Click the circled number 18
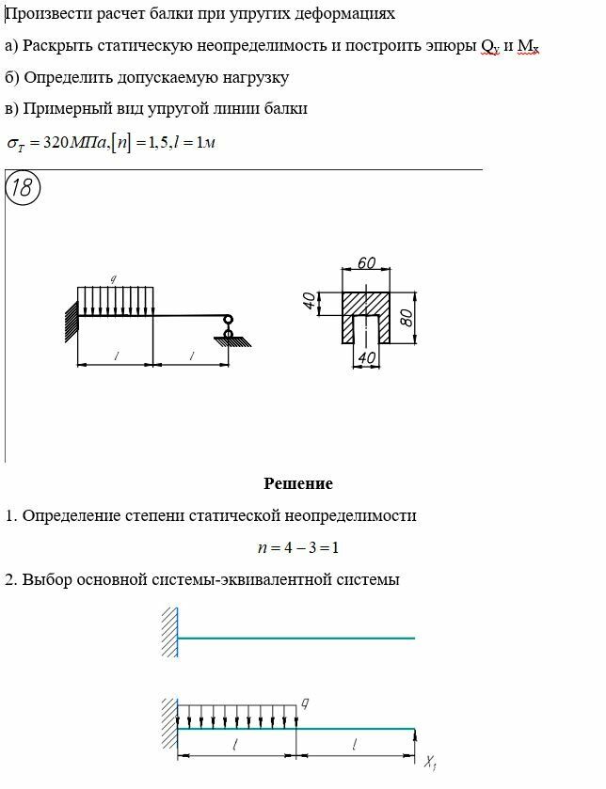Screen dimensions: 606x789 coord(22,188)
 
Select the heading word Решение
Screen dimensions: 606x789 coord(298,484)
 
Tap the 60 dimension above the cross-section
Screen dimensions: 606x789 coord(367,263)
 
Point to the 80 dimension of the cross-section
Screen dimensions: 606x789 coord(407,316)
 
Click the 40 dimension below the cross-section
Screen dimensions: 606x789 coord(367,357)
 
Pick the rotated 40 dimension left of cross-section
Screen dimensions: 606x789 coord(309,303)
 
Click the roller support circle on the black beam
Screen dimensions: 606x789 coord(228,323)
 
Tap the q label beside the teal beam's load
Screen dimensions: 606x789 coord(305,702)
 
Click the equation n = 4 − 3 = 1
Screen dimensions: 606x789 coord(298,547)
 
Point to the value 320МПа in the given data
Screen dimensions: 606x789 coord(70,143)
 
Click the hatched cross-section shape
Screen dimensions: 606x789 coord(366,306)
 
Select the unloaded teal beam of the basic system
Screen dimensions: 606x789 coord(296,639)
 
